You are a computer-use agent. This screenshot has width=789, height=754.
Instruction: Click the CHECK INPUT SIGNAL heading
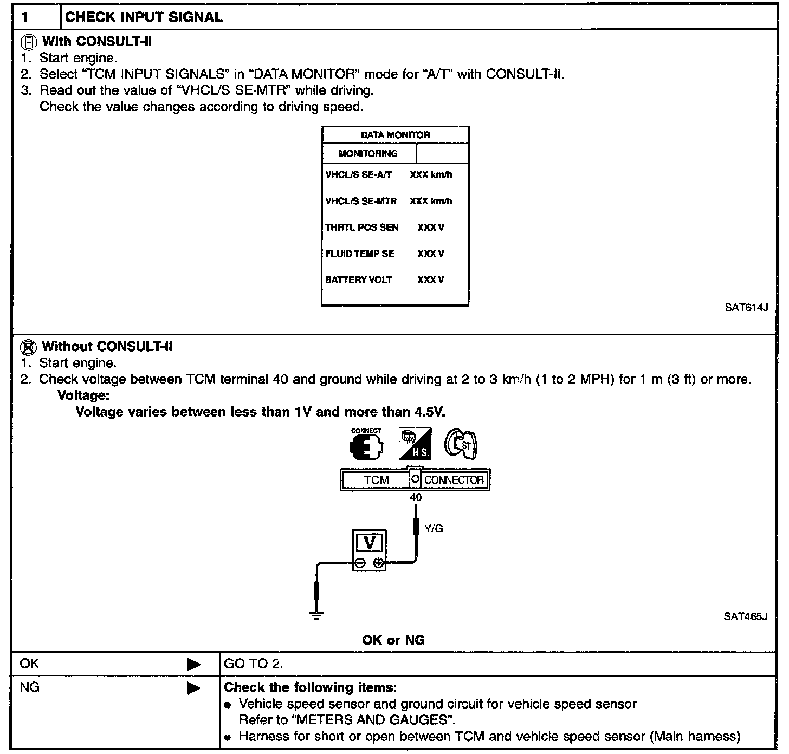(144, 17)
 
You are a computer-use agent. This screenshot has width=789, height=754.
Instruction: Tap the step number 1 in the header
(24, 17)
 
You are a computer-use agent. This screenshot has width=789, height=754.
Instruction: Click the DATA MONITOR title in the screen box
(395, 135)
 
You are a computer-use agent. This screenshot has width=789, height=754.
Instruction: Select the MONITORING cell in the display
(368, 153)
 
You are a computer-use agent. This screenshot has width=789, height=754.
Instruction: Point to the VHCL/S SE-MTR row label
(361, 201)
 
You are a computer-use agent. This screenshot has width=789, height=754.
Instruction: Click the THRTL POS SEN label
(361, 227)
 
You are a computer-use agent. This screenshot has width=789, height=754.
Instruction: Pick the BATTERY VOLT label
(358, 280)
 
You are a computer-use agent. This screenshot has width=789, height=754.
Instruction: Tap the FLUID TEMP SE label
(359, 253)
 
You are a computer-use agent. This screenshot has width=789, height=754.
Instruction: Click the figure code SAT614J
(746, 308)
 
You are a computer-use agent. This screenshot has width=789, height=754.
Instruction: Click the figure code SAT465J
(745, 616)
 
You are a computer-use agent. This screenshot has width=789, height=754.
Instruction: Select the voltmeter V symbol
(370, 543)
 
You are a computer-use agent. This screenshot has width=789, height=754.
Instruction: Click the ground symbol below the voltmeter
(316, 615)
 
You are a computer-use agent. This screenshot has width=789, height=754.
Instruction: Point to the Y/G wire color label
(434, 529)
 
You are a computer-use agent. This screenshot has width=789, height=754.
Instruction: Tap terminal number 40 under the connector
(416, 497)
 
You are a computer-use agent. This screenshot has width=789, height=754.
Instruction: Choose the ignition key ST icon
(461, 444)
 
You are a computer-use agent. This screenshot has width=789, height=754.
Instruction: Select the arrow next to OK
(194, 665)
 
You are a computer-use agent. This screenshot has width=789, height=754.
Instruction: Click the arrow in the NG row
(194, 688)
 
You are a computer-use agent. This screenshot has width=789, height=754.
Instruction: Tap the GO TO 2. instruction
(253, 664)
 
